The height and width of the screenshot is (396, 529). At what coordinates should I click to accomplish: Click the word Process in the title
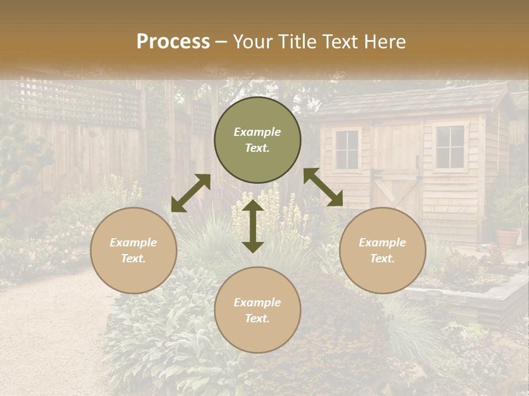(173, 42)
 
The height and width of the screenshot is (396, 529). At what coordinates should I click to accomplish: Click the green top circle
(257, 140)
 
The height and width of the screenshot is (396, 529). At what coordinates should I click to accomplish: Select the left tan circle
(133, 250)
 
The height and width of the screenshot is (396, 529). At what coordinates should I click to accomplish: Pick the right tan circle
(382, 250)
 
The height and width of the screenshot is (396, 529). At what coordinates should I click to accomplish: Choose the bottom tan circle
(257, 310)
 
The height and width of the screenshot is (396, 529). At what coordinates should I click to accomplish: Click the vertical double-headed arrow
(253, 226)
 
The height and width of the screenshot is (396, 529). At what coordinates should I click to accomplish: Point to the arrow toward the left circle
(191, 193)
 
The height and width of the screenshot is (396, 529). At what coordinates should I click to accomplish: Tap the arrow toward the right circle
(323, 187)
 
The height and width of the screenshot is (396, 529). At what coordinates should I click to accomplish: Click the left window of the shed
(347, 149)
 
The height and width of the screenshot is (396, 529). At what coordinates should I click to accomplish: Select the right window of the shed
(450, 146)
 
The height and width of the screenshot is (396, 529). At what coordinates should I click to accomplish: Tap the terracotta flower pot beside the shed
(507, 238)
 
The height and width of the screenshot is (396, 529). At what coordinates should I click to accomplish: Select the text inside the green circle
(257, 140)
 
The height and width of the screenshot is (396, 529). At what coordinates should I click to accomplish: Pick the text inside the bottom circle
(257, 310)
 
